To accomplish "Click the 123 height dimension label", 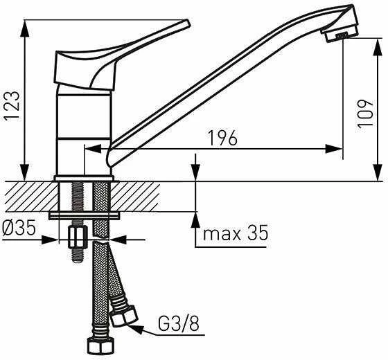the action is (12, 106).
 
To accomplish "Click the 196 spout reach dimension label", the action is (222, 138).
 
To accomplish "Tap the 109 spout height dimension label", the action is (365, 114).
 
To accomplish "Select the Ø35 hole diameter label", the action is (19, 228).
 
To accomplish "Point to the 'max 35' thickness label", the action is (236, 233).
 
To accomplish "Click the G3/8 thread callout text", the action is (179, 323).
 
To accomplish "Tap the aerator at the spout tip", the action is (338, 36).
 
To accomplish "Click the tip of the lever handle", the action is (188, 22).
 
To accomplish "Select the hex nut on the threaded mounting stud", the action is (78, 237).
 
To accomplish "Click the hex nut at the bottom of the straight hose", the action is (101, 347).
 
